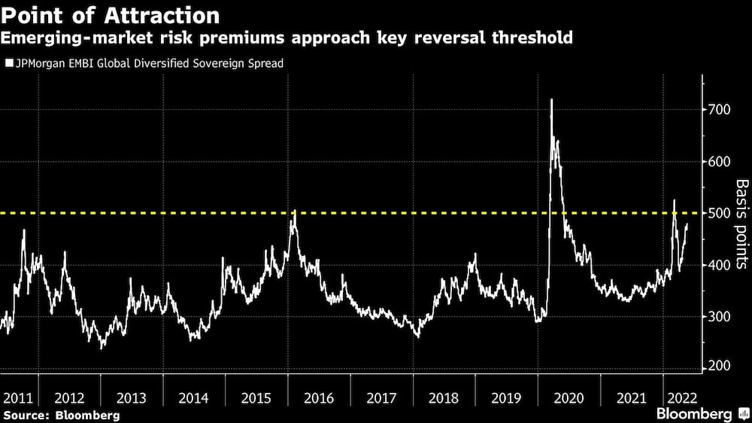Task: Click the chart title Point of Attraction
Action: point(112,15)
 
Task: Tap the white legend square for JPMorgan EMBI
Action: point(8,64)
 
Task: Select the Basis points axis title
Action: point(741,224)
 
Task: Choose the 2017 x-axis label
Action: point(381,398)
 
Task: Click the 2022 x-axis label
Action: point(681,398)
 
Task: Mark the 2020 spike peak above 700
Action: point(552,99)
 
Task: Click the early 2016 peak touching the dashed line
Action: point(295,211)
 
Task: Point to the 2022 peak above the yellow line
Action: point(674,200)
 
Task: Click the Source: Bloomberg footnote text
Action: point(61,415)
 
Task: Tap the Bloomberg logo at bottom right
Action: point(697,414)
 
